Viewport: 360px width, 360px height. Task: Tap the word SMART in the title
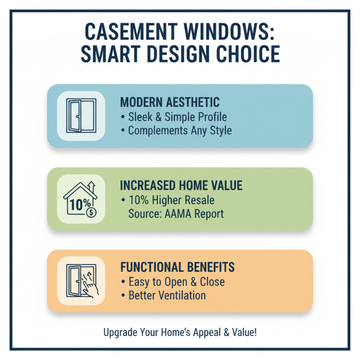point(108,54)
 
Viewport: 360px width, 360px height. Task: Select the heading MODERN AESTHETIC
point(170,102)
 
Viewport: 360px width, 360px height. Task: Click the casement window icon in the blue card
point(81,115)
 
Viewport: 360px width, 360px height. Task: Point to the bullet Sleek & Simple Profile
point(174,117)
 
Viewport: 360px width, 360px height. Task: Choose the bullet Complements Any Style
point(176,131)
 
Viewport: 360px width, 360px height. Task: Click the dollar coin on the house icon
point(91,212)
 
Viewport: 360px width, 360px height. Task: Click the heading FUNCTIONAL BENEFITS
point(177,267)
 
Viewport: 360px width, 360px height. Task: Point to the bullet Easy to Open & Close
point(173,282)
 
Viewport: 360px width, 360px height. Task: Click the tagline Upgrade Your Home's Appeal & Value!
point(180,333)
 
